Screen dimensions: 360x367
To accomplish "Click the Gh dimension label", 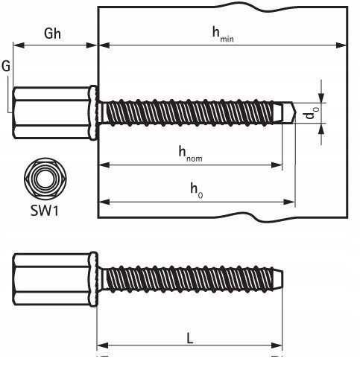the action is point(52,33).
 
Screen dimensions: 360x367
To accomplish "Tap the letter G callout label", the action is point(6,66).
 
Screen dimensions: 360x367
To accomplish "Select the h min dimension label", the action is point(223,35).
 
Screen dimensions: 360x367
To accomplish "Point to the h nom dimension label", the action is point(190,154).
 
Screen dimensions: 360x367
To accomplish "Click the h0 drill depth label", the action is point(197,191).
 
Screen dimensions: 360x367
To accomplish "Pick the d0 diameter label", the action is point(312,113).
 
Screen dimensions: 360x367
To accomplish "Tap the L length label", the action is point(189,339).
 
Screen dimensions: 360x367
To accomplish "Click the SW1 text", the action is point(45,211).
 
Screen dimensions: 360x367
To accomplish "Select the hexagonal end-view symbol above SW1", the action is point(45,179).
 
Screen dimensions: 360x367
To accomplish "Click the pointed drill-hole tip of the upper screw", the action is point(295,112).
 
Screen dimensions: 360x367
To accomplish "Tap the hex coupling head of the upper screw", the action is point(51,112).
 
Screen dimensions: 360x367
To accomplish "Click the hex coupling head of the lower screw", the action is point(51,279).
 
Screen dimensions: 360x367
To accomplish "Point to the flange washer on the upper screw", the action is point(94,113).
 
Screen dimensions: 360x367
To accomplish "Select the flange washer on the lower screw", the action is point(94,280).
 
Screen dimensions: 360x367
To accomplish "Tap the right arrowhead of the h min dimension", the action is point(341,45).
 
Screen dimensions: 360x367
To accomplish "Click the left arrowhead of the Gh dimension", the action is point(19,45).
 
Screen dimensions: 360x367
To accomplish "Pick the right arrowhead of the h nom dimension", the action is point(277,165).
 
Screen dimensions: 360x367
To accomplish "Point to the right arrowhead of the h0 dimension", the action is point(289,202).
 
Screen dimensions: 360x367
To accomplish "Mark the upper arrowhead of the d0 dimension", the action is point(321,98).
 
